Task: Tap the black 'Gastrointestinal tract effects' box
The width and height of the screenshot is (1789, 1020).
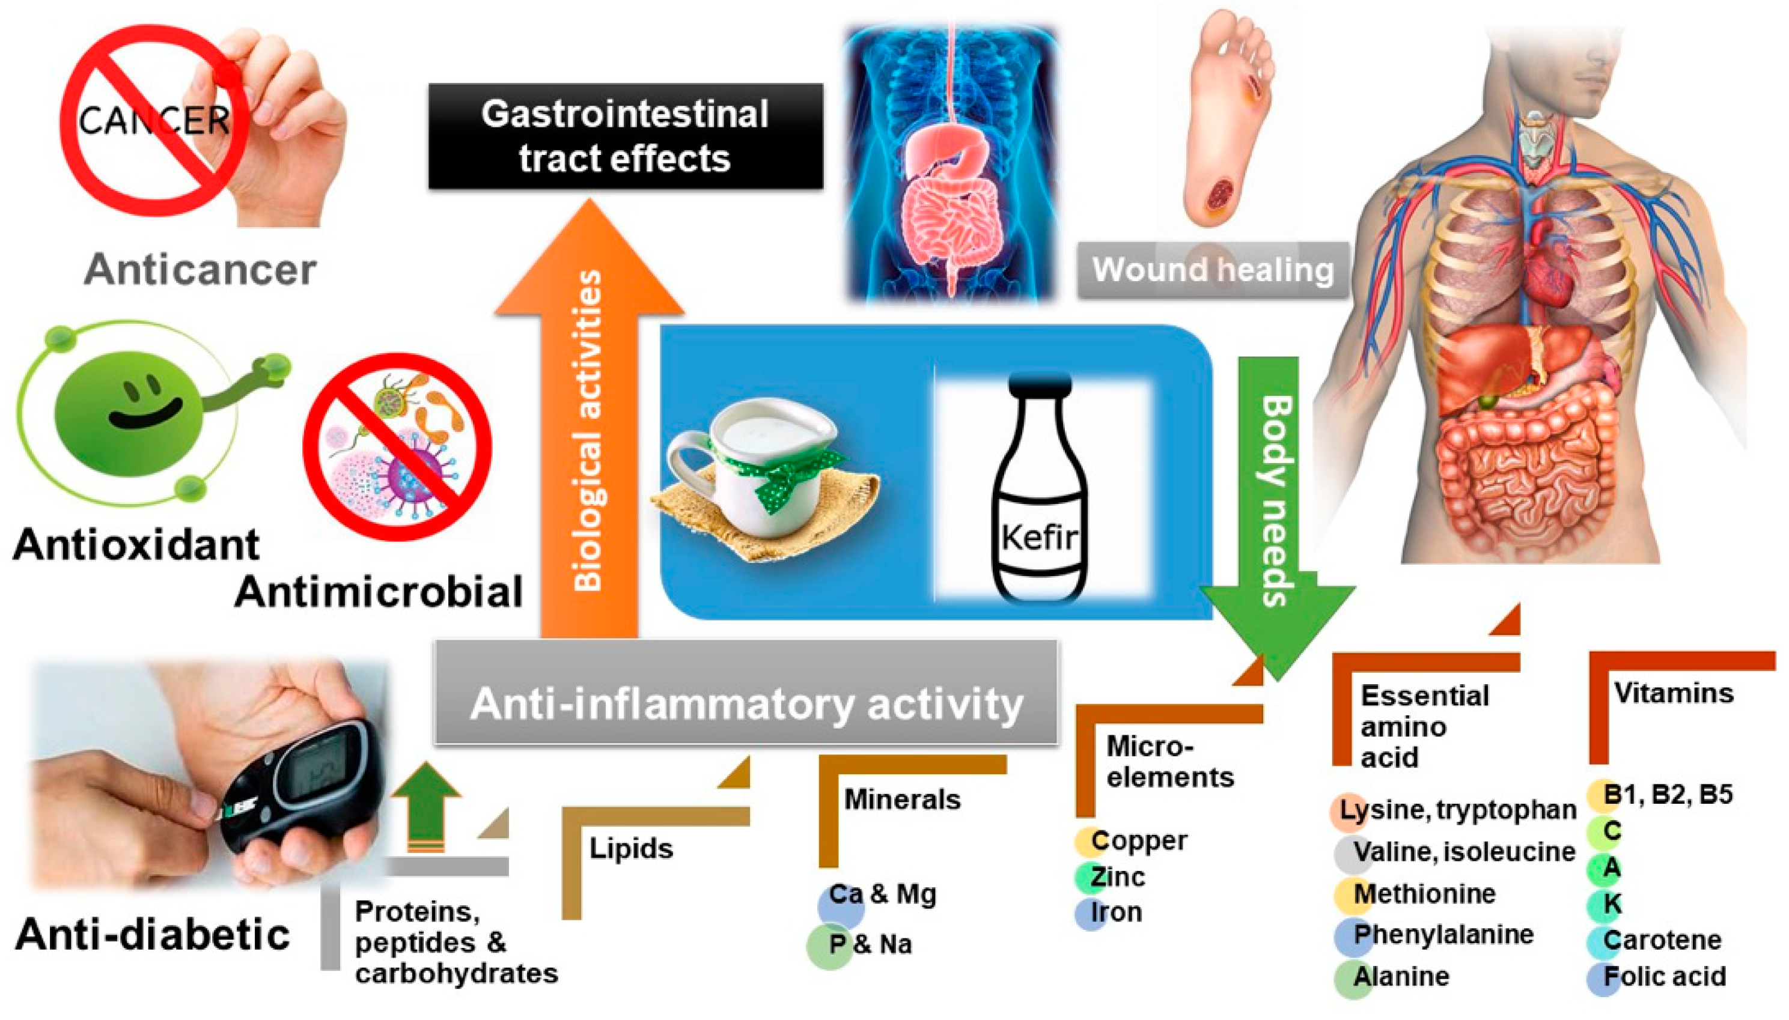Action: click(625, 136)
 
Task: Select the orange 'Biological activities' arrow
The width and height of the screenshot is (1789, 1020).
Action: click(589, 420)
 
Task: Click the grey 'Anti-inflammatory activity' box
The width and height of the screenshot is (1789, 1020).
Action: click(746, 703)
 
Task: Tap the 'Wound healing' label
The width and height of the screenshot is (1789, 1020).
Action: click(1212, 270)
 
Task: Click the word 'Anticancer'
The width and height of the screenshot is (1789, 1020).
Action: click(200, 270)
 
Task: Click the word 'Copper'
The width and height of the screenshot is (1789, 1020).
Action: click(1139, 840)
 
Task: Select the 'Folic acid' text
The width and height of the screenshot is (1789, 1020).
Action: click(1664, 977)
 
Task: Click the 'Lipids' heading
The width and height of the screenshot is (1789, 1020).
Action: click(630, 848)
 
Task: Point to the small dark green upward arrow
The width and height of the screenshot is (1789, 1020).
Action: click(425, 806)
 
